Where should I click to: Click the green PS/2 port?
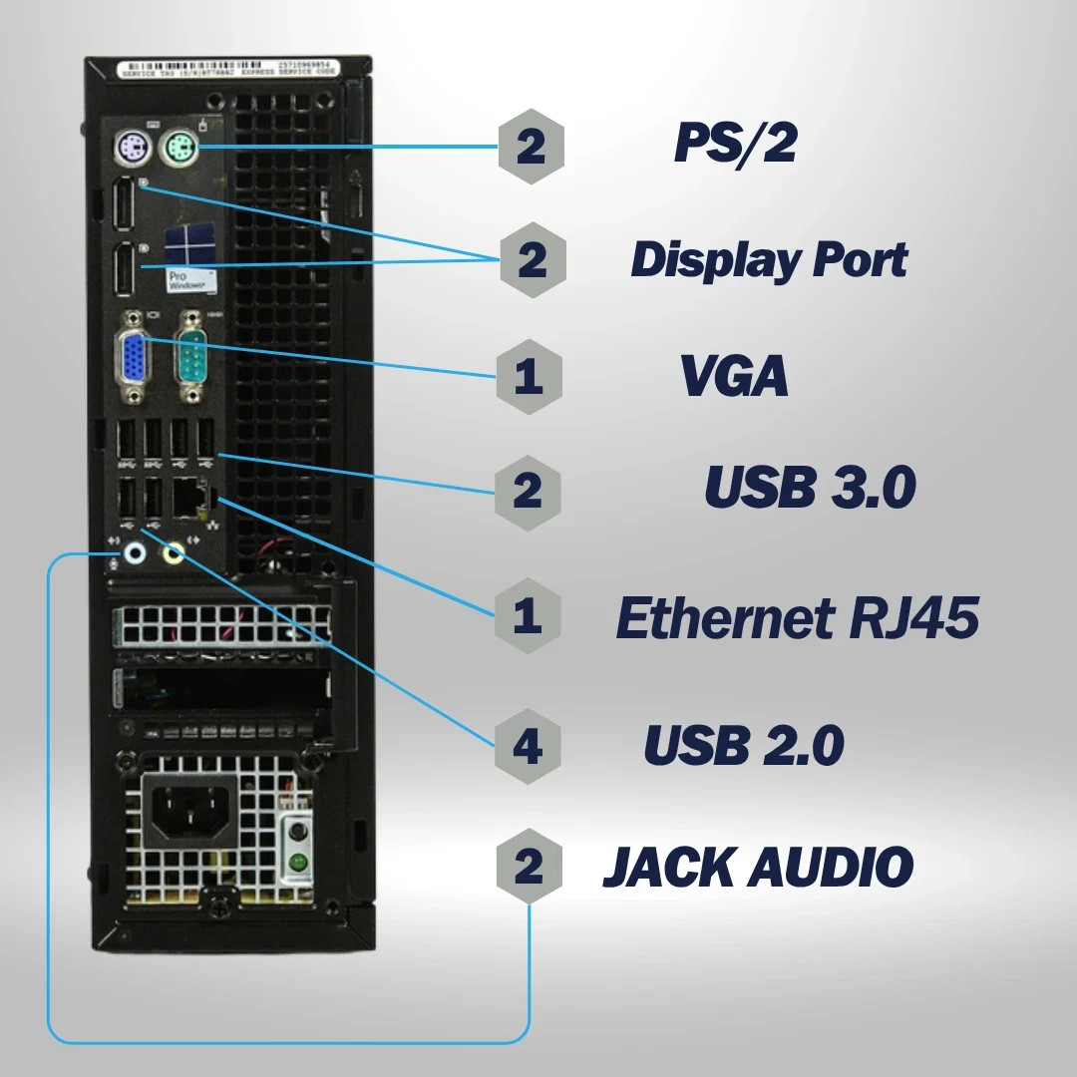179,151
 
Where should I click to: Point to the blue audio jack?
133,551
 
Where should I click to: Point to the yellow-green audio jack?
175,551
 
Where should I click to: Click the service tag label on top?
229,69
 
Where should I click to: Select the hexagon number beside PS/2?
531,147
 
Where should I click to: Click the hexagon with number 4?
529,745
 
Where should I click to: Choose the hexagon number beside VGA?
529,376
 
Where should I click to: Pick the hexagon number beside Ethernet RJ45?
529,616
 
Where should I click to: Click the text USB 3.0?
810,488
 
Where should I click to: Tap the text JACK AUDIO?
758,866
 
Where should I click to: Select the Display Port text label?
769,259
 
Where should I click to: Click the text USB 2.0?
744,745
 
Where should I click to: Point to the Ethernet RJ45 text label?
797,618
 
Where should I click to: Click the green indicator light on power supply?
295,861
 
